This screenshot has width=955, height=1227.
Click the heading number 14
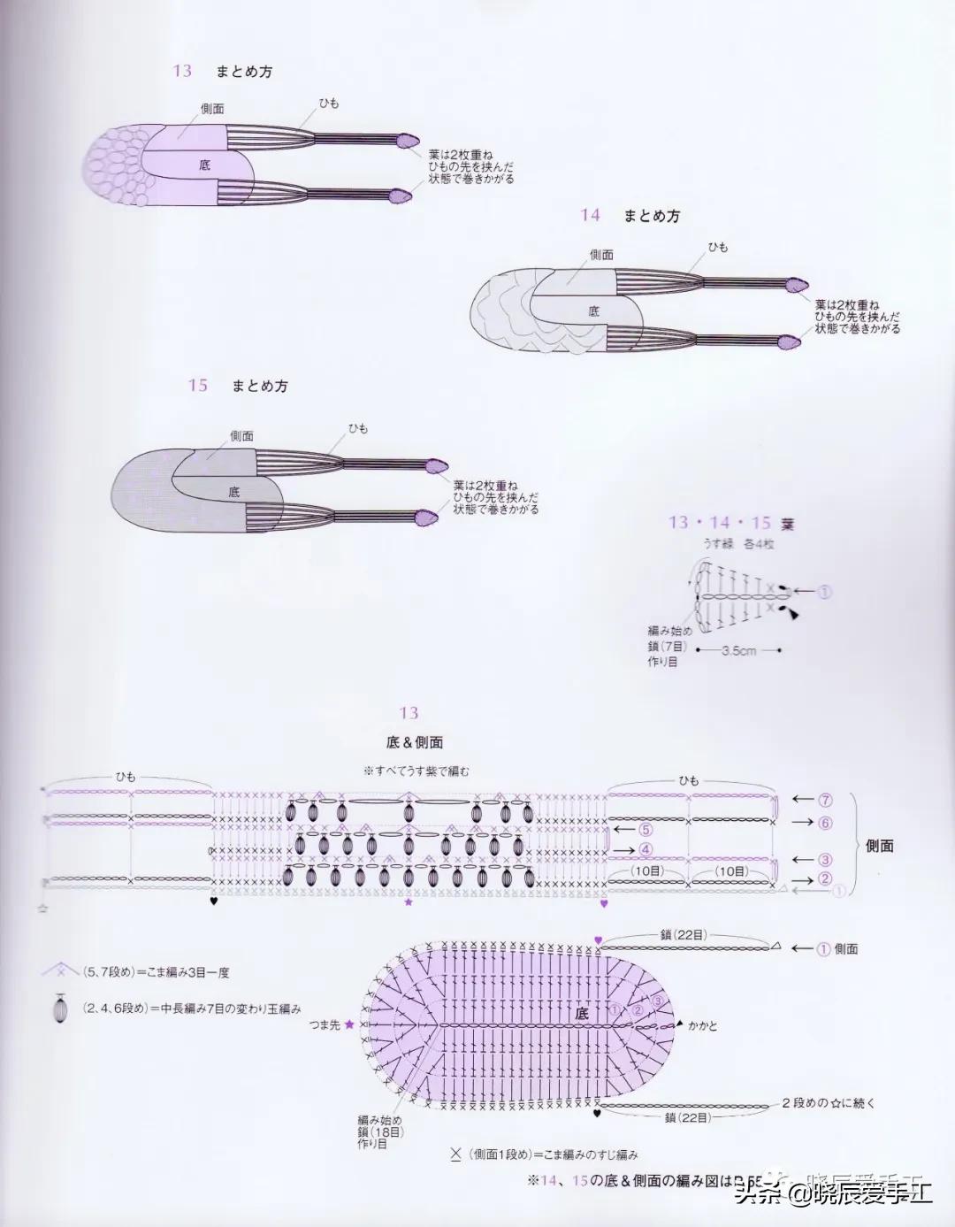point(590,215)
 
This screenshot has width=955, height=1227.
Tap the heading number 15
point(197,385)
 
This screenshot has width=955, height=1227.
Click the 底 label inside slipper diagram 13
point(205,165)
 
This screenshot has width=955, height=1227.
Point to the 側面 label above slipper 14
point(602,255)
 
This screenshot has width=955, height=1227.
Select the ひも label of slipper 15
point(358,428)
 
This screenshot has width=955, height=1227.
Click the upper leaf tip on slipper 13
point(407,139)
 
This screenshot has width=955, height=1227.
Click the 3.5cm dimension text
point(738,651)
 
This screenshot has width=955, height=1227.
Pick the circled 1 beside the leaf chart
point(824,592)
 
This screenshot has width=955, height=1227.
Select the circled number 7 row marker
point(824,800)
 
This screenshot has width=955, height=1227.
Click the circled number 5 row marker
point(645,830)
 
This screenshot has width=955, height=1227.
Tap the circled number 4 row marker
point(645,850)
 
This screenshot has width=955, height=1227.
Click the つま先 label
point(324,1024)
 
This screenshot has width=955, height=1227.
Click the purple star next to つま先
point(349,1024)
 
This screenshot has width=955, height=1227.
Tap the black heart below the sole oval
point(600,1114)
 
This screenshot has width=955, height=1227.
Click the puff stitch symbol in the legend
point(60,1008)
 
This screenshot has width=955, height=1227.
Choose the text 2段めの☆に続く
point(828,1103)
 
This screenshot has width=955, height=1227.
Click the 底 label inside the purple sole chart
point(581,1015)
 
